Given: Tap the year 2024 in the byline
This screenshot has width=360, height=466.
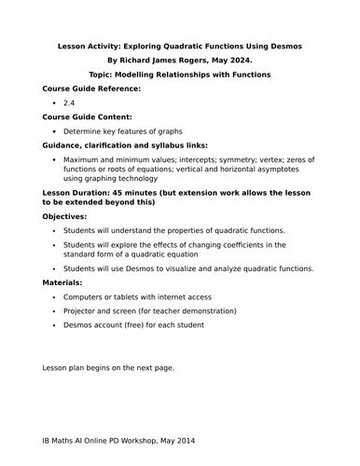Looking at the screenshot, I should (253, 60).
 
